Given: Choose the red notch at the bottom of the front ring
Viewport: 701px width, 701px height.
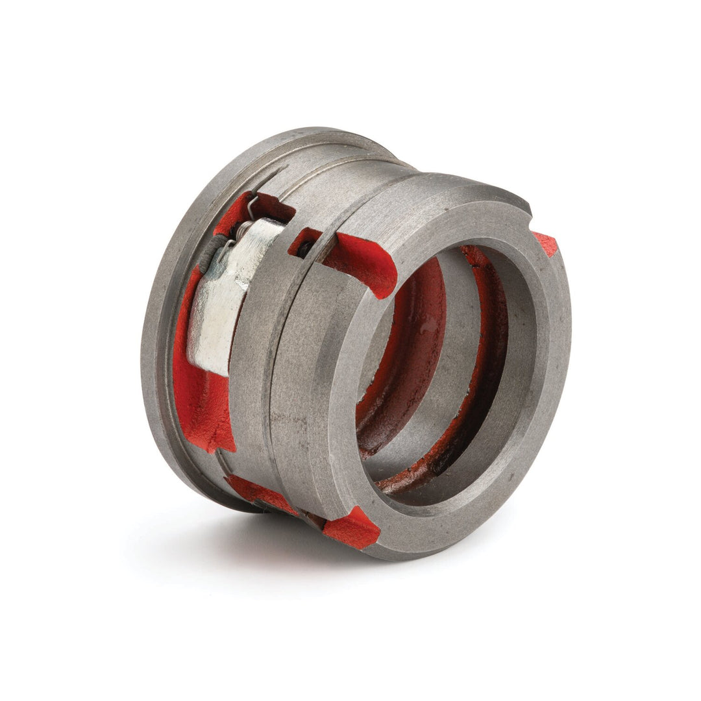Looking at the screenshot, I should (351, 527).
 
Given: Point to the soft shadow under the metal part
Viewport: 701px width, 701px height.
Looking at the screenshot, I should (195, 539).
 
